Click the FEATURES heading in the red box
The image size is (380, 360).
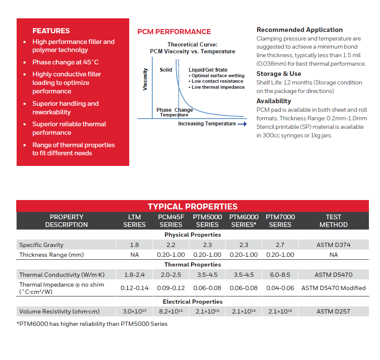tap(51, 31)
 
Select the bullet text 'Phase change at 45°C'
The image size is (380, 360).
tap(65, 62)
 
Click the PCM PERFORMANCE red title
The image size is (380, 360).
tap(174, 32)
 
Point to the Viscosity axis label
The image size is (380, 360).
tap(145, 79)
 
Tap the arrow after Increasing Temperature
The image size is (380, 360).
tap(242, 124)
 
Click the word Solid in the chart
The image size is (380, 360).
tap(166, 70)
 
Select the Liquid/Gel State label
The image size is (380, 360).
tap(208, 70)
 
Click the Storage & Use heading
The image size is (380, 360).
tap(278, 74)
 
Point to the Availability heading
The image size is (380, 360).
tap(274, 101)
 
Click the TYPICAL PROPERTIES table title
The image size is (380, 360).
tap(192, 206)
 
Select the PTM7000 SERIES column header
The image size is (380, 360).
tap(280, 221)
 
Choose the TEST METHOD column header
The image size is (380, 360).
tap(334, 221)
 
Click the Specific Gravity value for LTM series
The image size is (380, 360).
tap(134, 245)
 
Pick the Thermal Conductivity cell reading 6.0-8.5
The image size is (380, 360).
tap(280, 275)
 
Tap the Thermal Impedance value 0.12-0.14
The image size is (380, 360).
tap(134, 288)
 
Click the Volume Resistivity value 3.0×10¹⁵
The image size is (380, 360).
tap(134, 311)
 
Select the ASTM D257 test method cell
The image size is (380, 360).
tap(334, 311)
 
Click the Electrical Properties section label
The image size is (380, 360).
tap(193, 302)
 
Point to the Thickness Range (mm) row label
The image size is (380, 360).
tap(52, 255)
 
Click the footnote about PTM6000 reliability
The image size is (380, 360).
tap(92, 324)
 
